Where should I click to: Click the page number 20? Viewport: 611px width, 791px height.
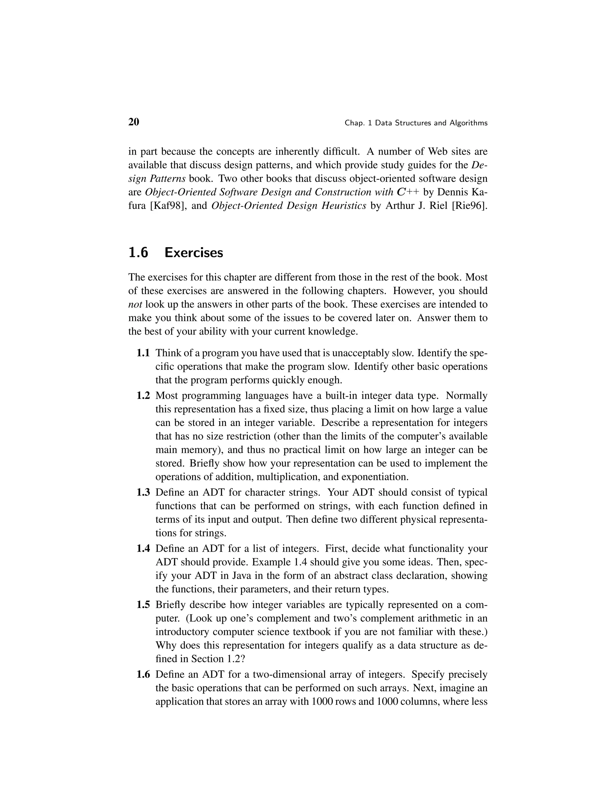tap(134, 122)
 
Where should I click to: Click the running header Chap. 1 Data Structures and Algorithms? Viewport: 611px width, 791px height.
tap(416, 123)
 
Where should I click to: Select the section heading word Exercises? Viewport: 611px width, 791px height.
tap(194, 253)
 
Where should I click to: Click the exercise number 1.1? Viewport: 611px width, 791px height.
tap(143, 353)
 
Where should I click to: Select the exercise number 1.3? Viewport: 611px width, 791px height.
tap(143, 493)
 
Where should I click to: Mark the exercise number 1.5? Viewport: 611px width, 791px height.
tap(143, 605)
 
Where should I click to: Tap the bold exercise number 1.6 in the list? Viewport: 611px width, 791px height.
tap(143, 674)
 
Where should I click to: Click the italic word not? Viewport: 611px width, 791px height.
tap(135, 304)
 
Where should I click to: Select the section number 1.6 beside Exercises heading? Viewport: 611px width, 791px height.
tap(138, 253)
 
